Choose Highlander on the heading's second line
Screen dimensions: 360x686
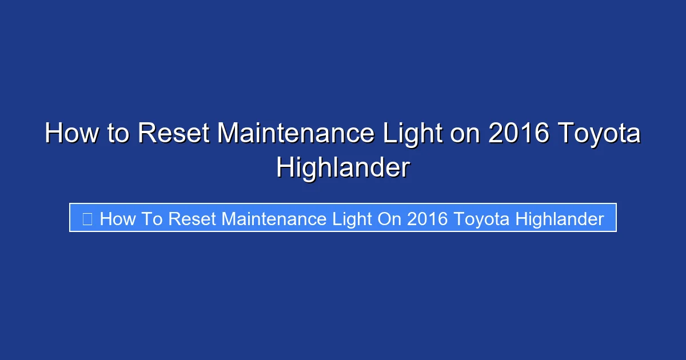click(343, 168)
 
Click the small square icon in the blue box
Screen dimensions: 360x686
click(87, 219)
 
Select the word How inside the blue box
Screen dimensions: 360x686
click(116, 219)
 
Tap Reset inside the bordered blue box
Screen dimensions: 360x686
click(191, 219)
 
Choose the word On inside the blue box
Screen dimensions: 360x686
click(389, 219)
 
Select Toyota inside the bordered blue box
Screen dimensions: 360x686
click(481, 219)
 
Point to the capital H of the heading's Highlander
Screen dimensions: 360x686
click(285, 168)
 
